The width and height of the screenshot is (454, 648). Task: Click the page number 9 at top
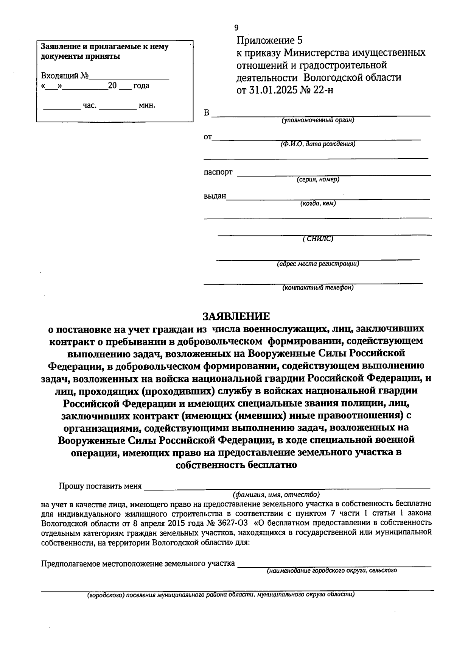[236, 27]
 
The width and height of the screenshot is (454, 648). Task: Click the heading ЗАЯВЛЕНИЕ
[236, 316]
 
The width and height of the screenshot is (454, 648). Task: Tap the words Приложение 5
[270, 40]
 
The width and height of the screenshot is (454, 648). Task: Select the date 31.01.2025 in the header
[278, 90]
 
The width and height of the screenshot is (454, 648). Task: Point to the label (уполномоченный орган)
[317, 120]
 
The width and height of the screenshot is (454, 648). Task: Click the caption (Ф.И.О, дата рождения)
[317, 144]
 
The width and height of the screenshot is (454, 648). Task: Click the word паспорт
[218, 172]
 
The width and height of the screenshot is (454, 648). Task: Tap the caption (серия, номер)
[318, 180]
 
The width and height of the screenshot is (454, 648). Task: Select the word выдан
[215, 196]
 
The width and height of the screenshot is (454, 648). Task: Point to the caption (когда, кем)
[318, 203]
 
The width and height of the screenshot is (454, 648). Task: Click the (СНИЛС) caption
[318, 239]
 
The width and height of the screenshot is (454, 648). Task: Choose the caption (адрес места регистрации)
[318, 264]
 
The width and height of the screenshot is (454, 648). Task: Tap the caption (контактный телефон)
[318, 287]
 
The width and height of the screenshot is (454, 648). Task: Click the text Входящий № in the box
[65, 76]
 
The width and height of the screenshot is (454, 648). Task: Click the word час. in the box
[90, 105]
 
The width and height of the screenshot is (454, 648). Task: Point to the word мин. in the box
[147, 105]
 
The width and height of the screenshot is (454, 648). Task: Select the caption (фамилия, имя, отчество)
[276, 495]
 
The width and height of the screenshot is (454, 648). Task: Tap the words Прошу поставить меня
[100, 486]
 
